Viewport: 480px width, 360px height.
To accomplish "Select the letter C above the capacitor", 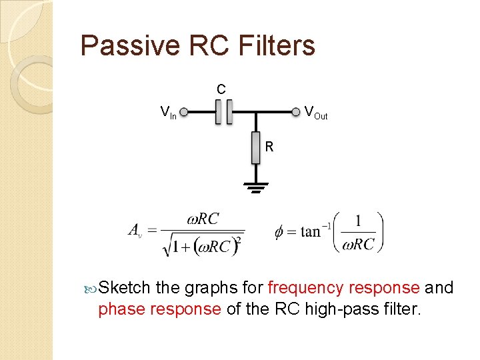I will pos(221,89).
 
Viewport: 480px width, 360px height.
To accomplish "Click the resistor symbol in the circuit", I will pos(255,147).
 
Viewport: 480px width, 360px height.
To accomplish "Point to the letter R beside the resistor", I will pos(269,147).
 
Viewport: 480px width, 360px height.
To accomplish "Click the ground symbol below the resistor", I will pos(255,187).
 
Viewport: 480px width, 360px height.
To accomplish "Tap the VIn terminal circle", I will pos(183,112).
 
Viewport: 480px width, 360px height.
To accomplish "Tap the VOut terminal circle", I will pos(295,111).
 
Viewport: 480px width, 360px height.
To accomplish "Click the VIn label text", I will pos(168,112).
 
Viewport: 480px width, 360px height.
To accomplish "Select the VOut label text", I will pos(316,113).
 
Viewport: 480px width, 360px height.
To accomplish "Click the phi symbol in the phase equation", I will pos(279,231).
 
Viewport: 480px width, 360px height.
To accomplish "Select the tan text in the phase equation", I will pos(310,231).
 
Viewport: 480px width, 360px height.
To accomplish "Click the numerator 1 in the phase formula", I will pos(359,221).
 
